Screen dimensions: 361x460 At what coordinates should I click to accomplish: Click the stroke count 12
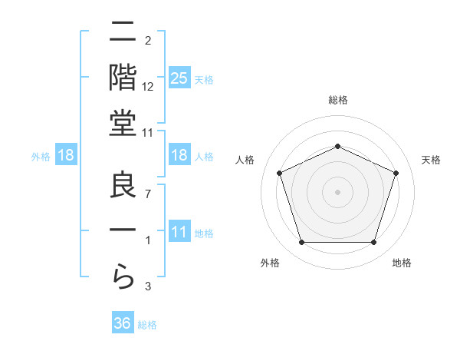click(x=148, y=86)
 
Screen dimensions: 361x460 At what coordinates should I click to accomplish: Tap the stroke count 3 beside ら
click(x=148, y=287)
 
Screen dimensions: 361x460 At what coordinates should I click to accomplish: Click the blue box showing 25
click(x=179, y=78)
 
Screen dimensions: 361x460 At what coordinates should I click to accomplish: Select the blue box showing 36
click(x=122, y=323)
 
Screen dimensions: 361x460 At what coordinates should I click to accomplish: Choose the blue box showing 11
click(x=179, y=232)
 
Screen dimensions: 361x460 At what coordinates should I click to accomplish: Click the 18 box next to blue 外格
click(x=66, y=155)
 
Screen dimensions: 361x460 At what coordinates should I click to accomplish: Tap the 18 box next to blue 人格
click(x=179, y=155)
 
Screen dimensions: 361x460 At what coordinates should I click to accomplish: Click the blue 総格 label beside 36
click(x=147, y=325)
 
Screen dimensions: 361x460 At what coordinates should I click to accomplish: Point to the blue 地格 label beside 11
click(x=204, y=233)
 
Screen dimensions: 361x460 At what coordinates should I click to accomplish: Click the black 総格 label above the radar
click(x=338, y=100)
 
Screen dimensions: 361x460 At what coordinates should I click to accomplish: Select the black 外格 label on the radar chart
click(x=270, y=263)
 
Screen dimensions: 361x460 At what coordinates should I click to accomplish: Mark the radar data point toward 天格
click(x=396, y=173)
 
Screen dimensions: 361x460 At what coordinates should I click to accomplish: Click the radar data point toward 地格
click(x=373, y=243)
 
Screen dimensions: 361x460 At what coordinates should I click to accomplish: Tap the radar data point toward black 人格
click(x=279, y=173)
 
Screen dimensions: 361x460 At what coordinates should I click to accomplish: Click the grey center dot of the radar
click(x=337, y=192)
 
